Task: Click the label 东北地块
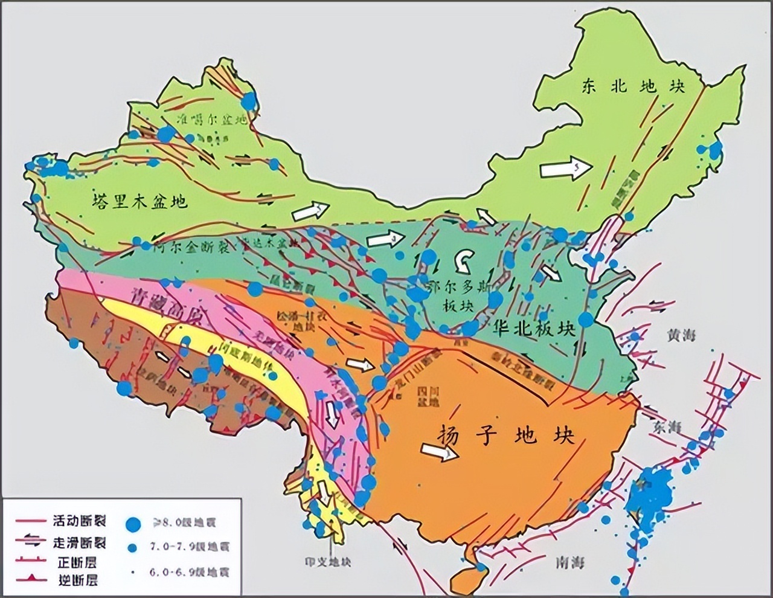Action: pyautogui.click(x=633, y=86)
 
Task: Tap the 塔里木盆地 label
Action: pyautogui.click(x=140, y=201)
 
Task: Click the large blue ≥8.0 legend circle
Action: pyautogui.click(x=134, y=524)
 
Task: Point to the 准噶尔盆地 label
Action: pyautogui.click(x=211, y=120)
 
